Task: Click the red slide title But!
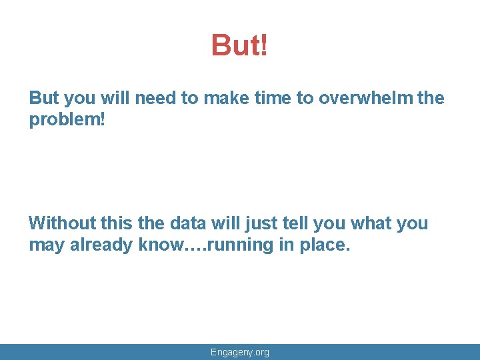(239, 45)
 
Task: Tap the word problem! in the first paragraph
(61, 120)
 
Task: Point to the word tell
(298, 223)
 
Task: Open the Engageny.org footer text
(239, 352)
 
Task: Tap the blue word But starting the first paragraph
(44, 98)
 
